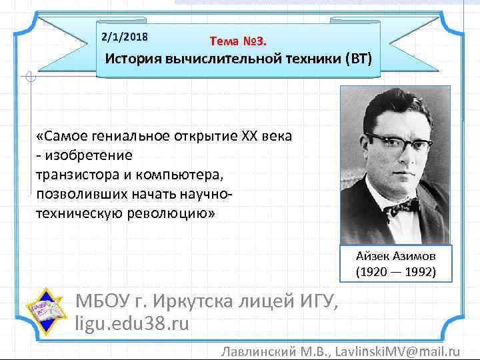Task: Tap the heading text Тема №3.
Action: [x=238, y=41]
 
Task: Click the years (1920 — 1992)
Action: [x=396, y=272]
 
